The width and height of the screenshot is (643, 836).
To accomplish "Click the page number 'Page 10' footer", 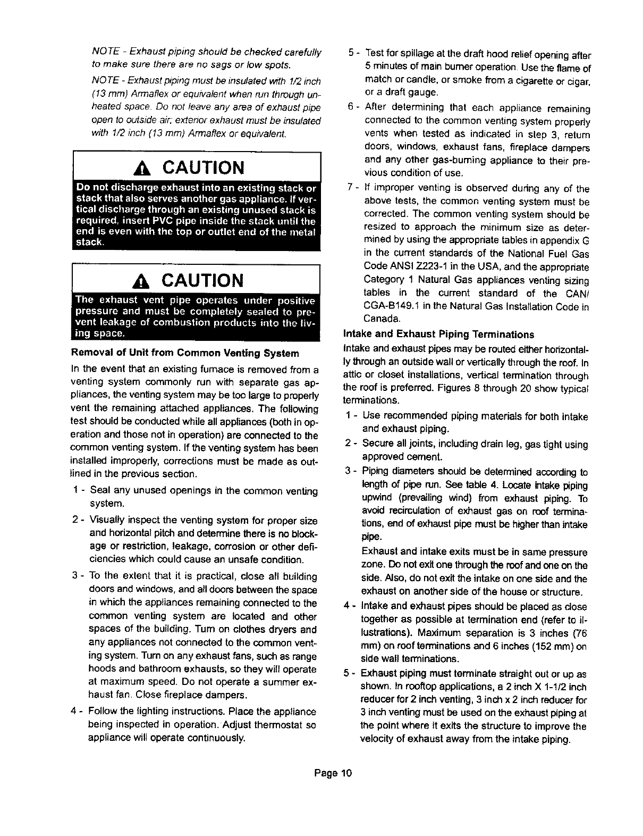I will [x=333, y=772].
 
